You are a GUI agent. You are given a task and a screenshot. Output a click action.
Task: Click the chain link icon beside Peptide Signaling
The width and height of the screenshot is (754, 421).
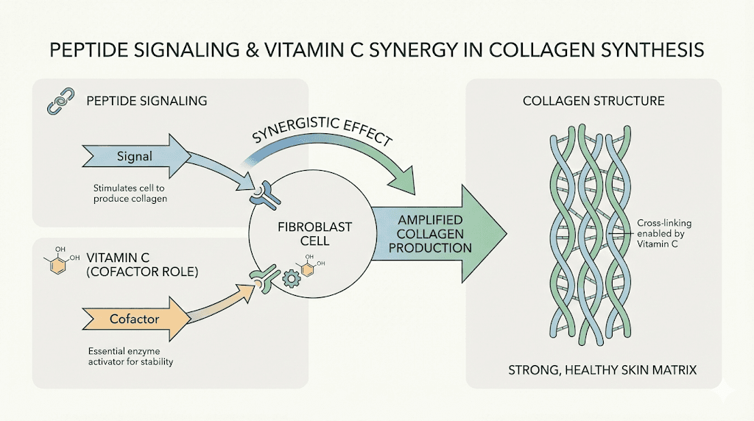coord(57,104)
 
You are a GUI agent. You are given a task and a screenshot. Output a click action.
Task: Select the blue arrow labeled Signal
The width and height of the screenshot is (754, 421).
coord(128,156)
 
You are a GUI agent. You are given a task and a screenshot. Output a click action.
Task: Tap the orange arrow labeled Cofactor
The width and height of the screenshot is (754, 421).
coord(128,319)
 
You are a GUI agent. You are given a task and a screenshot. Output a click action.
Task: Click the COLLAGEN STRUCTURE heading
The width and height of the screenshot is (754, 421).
coord(593,101)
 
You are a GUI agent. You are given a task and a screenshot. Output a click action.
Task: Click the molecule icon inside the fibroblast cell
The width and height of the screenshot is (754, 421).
coord(310,267)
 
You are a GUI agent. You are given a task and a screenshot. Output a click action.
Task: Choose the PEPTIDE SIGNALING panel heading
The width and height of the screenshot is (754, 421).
coord(147,99)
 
